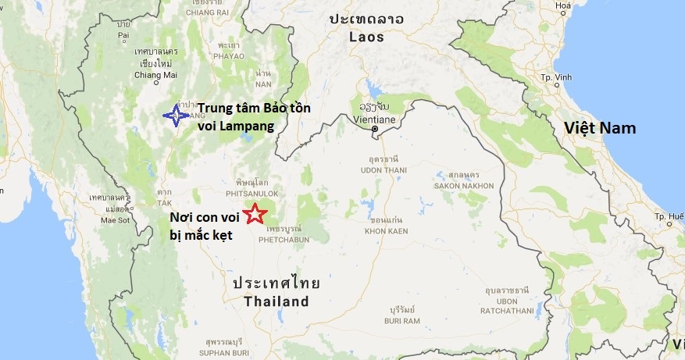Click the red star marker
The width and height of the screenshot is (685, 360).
pyautogui.click(x=254, y=212)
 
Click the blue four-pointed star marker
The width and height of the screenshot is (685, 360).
pyautogui.click(x=176, y=116)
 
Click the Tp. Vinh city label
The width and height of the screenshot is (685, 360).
pyautogui.click(x=556, y=78)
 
